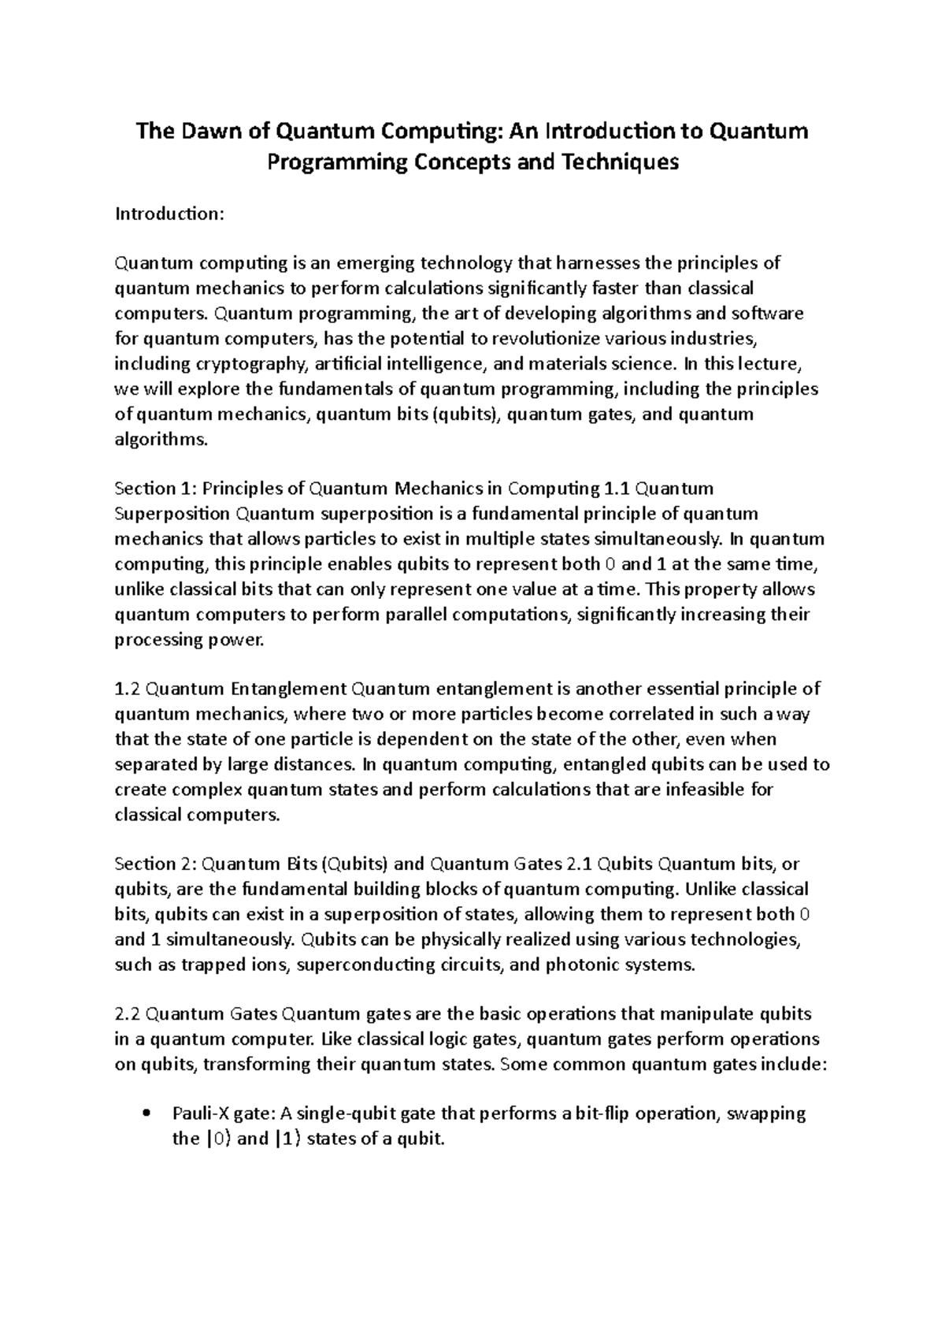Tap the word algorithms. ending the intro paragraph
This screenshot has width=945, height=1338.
162,440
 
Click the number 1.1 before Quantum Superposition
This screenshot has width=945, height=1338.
616,489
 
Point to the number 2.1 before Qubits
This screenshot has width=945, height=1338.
579,864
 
